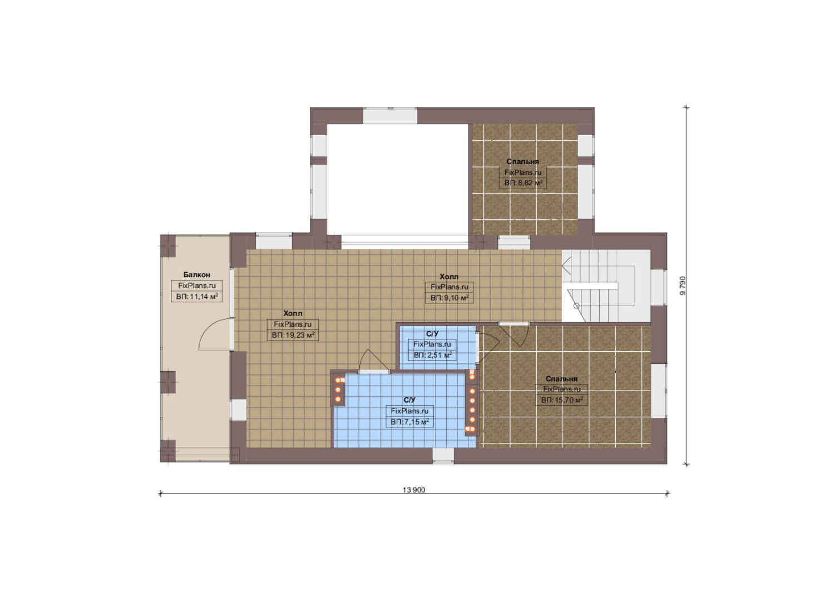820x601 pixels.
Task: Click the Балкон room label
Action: click(x=196, y=275)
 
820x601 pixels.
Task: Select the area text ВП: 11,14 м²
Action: click(x=197, y=296)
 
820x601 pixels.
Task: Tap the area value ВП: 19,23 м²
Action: click(x=293, y=335)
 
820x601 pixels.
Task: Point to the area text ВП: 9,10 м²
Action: click(x=449, y=298)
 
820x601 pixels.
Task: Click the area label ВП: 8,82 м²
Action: click(x=523, y=183)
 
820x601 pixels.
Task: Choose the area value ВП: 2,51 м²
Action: click(x=432, y=355)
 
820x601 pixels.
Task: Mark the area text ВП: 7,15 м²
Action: click(x=409, y=422)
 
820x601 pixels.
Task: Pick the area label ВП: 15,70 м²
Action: click(x=562, y=400)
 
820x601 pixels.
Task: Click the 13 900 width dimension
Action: click(x=414, y=490)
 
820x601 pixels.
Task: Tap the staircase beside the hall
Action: click(x=606, y=285)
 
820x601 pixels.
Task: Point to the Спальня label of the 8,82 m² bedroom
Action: click(x=523, y=161)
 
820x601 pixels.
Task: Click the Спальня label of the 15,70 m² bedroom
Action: click(x=561, y=379)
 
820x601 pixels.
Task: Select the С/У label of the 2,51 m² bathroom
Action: click(x=432, y=334)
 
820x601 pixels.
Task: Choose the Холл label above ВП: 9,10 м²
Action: click(x=449, y=277)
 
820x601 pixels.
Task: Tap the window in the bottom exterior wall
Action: click(x=443, y=456)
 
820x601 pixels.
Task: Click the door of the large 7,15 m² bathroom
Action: click(x=373, y=361)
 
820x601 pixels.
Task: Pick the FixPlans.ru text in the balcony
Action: click(x=197, y=285)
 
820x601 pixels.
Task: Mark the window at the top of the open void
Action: click(x=390, y=115)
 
